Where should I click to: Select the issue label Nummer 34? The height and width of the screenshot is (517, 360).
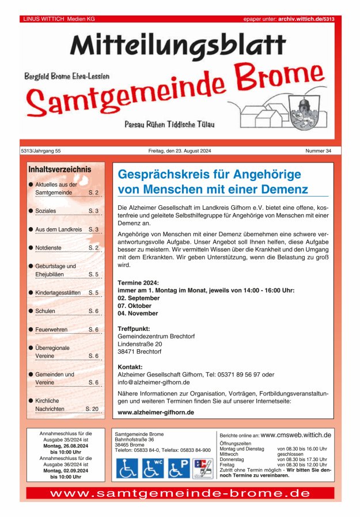coord(319,151)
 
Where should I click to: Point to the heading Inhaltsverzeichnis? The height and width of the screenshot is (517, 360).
coord(59,169)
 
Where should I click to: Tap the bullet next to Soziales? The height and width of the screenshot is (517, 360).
coord(31,211)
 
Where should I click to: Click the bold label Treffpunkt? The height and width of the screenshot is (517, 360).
coord(134,329)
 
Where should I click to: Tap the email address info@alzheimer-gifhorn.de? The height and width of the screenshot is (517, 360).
coord(154,382)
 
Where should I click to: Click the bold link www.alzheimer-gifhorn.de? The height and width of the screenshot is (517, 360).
coord(156,413)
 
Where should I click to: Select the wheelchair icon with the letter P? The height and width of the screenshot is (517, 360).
coord(179,468)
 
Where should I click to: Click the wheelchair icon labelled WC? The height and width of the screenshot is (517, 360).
coord(153,468)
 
